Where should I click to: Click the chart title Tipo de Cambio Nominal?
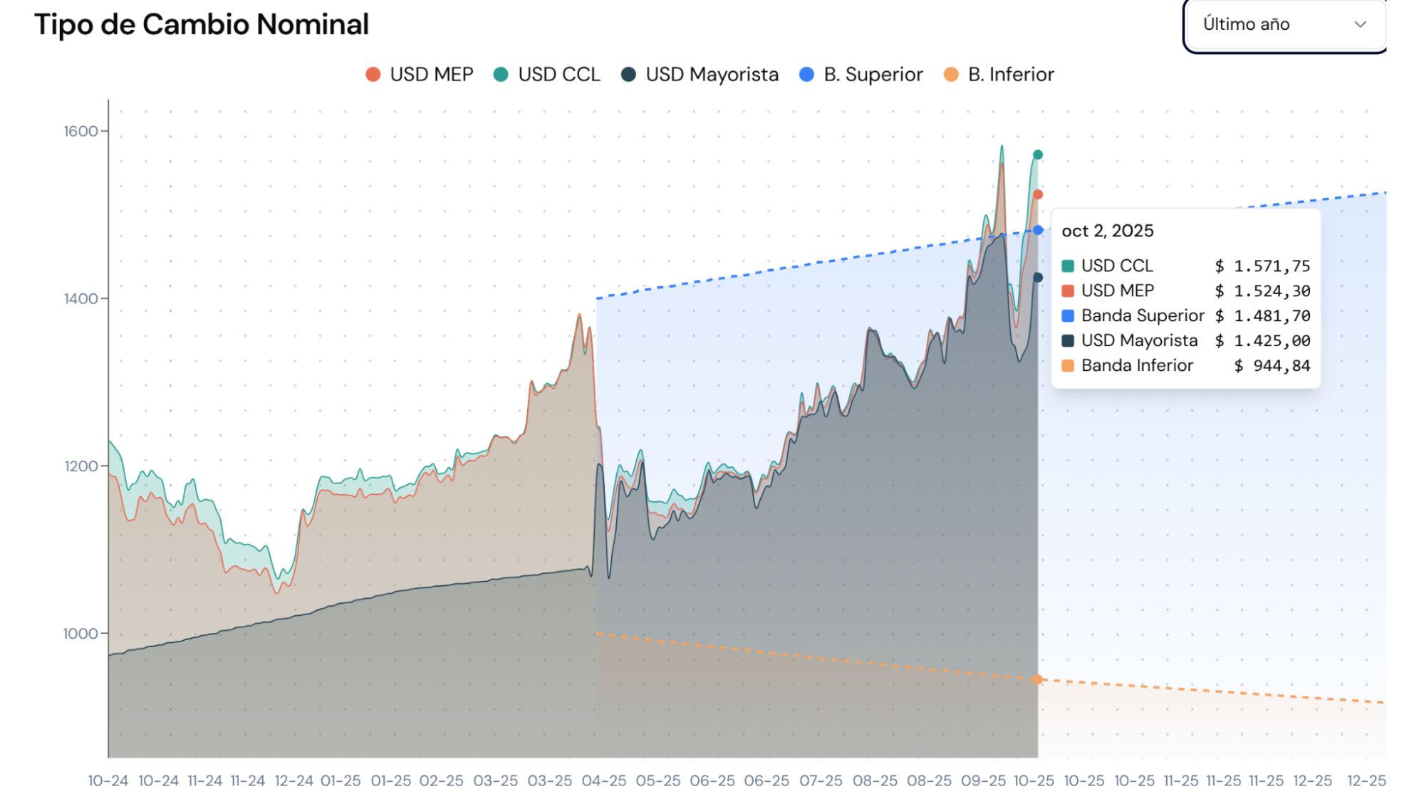click(x=202, y=25)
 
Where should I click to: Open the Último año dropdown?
click(x=1284, y=25)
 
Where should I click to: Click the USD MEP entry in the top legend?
click(x=420, y=75)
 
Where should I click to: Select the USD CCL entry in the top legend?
click(x=547, y=75)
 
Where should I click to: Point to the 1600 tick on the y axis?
click(x=80, y=131)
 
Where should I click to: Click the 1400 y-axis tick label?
click(x=80, y=298)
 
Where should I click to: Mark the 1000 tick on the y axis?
click(x=80, y=634)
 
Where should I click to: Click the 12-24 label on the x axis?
click(x=293, y=781)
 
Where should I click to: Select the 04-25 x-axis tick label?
click(x=604, y=781)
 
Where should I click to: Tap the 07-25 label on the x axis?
click(x=821, y=781)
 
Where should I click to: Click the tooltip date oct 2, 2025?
click(x=1107, y=231)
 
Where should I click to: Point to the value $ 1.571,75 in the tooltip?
click(x=1262, y=266)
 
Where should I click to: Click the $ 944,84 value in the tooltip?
click(x=1272, y=366)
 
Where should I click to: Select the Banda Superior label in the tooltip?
click(x=1143, y=316)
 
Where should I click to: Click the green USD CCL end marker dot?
click(x=1038, y=155)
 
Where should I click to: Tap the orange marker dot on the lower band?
click(x=1038, y=679)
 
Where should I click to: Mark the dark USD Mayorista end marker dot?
click(x=1038, y=278)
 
